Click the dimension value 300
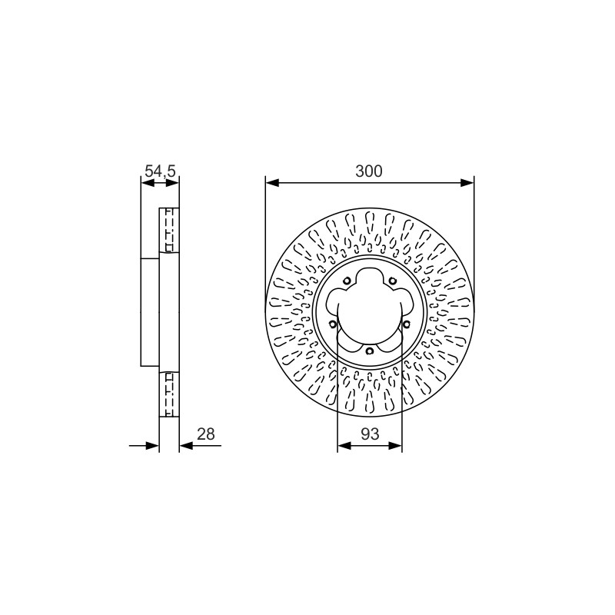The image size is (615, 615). pyautogui.click(x=369, y=171)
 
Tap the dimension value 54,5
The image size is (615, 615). pyautogui.click(x=160, y=171)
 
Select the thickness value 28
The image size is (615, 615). pyautogui.click(x=206, y=434)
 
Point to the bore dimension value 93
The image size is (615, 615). pyautogui.click(x=370, y=434)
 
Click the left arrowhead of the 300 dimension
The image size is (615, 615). pyautogui.click(x=272, y=183)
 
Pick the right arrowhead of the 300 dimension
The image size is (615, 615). pyautogui.click(x=467, y=183)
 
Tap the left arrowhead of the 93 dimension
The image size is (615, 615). pyautogui.click(x=344, y=446)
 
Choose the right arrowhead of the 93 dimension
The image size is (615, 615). pyautogui.click(x=395, y=446)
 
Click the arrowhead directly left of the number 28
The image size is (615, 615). pyautogui.click(x=186, y=446)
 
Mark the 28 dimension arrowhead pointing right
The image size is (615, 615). pyautogui.click(x=152, y=446)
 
